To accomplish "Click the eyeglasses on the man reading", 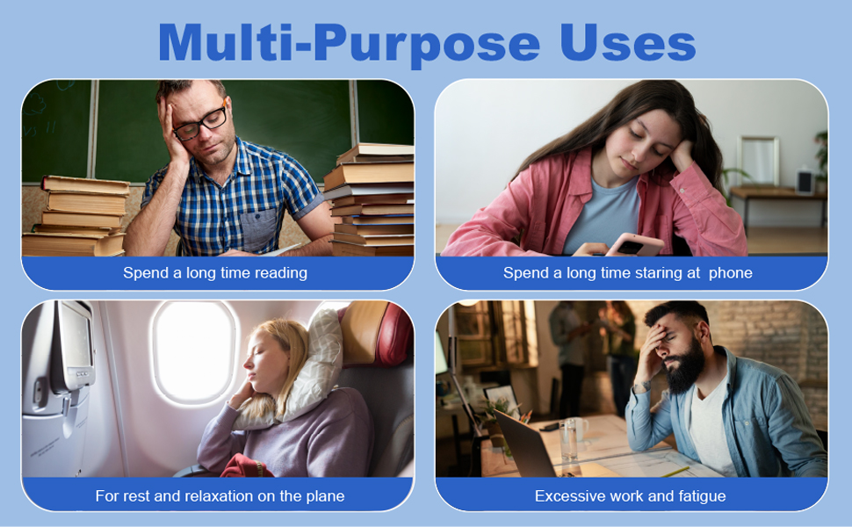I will coord(200,122).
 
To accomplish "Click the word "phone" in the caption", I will coord(730,273).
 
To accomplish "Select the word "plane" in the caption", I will coord(322,496).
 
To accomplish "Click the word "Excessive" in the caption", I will coord(569,496).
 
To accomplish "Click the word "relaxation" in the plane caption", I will coord(211,496).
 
